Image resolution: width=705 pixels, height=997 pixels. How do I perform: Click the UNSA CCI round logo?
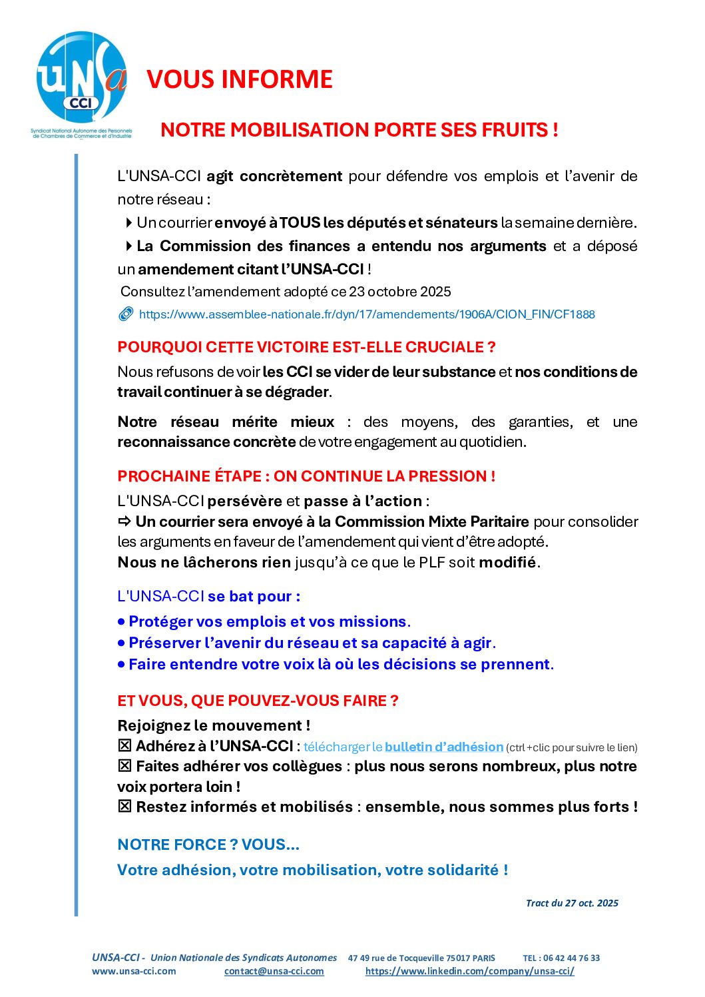coord(81,77)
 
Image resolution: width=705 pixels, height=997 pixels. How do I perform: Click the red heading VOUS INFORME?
coord(240,79)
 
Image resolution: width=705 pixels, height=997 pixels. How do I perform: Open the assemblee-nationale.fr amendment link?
coord(367,314)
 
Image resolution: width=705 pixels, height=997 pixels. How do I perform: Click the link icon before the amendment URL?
coord(126,314)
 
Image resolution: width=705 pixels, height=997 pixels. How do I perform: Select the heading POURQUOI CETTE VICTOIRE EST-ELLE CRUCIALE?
coord(306,347)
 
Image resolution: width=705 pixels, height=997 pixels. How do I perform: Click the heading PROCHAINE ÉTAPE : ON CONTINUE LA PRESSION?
coord(306,476)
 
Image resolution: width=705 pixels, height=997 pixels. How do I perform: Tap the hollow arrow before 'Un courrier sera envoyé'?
coord(124,521)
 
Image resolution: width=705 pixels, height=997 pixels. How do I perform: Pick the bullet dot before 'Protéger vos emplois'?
coord(121,622)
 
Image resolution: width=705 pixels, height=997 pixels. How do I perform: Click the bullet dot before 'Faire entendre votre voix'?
coord(121,665)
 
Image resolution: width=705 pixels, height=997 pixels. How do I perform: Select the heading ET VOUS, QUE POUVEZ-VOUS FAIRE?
coord(258,701)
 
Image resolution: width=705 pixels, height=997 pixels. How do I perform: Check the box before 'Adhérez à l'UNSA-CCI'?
coord(124,746)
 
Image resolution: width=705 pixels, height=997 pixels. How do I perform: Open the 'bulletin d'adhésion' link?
coord(444,747)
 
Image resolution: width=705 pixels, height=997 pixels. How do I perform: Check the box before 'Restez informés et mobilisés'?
coord(124,807)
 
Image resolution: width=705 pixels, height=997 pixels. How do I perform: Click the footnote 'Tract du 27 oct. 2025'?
coord(572,903)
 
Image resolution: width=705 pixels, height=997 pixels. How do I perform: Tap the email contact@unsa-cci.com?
coord(274,971)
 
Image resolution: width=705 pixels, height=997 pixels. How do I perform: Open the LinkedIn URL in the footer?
coord(470,971)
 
